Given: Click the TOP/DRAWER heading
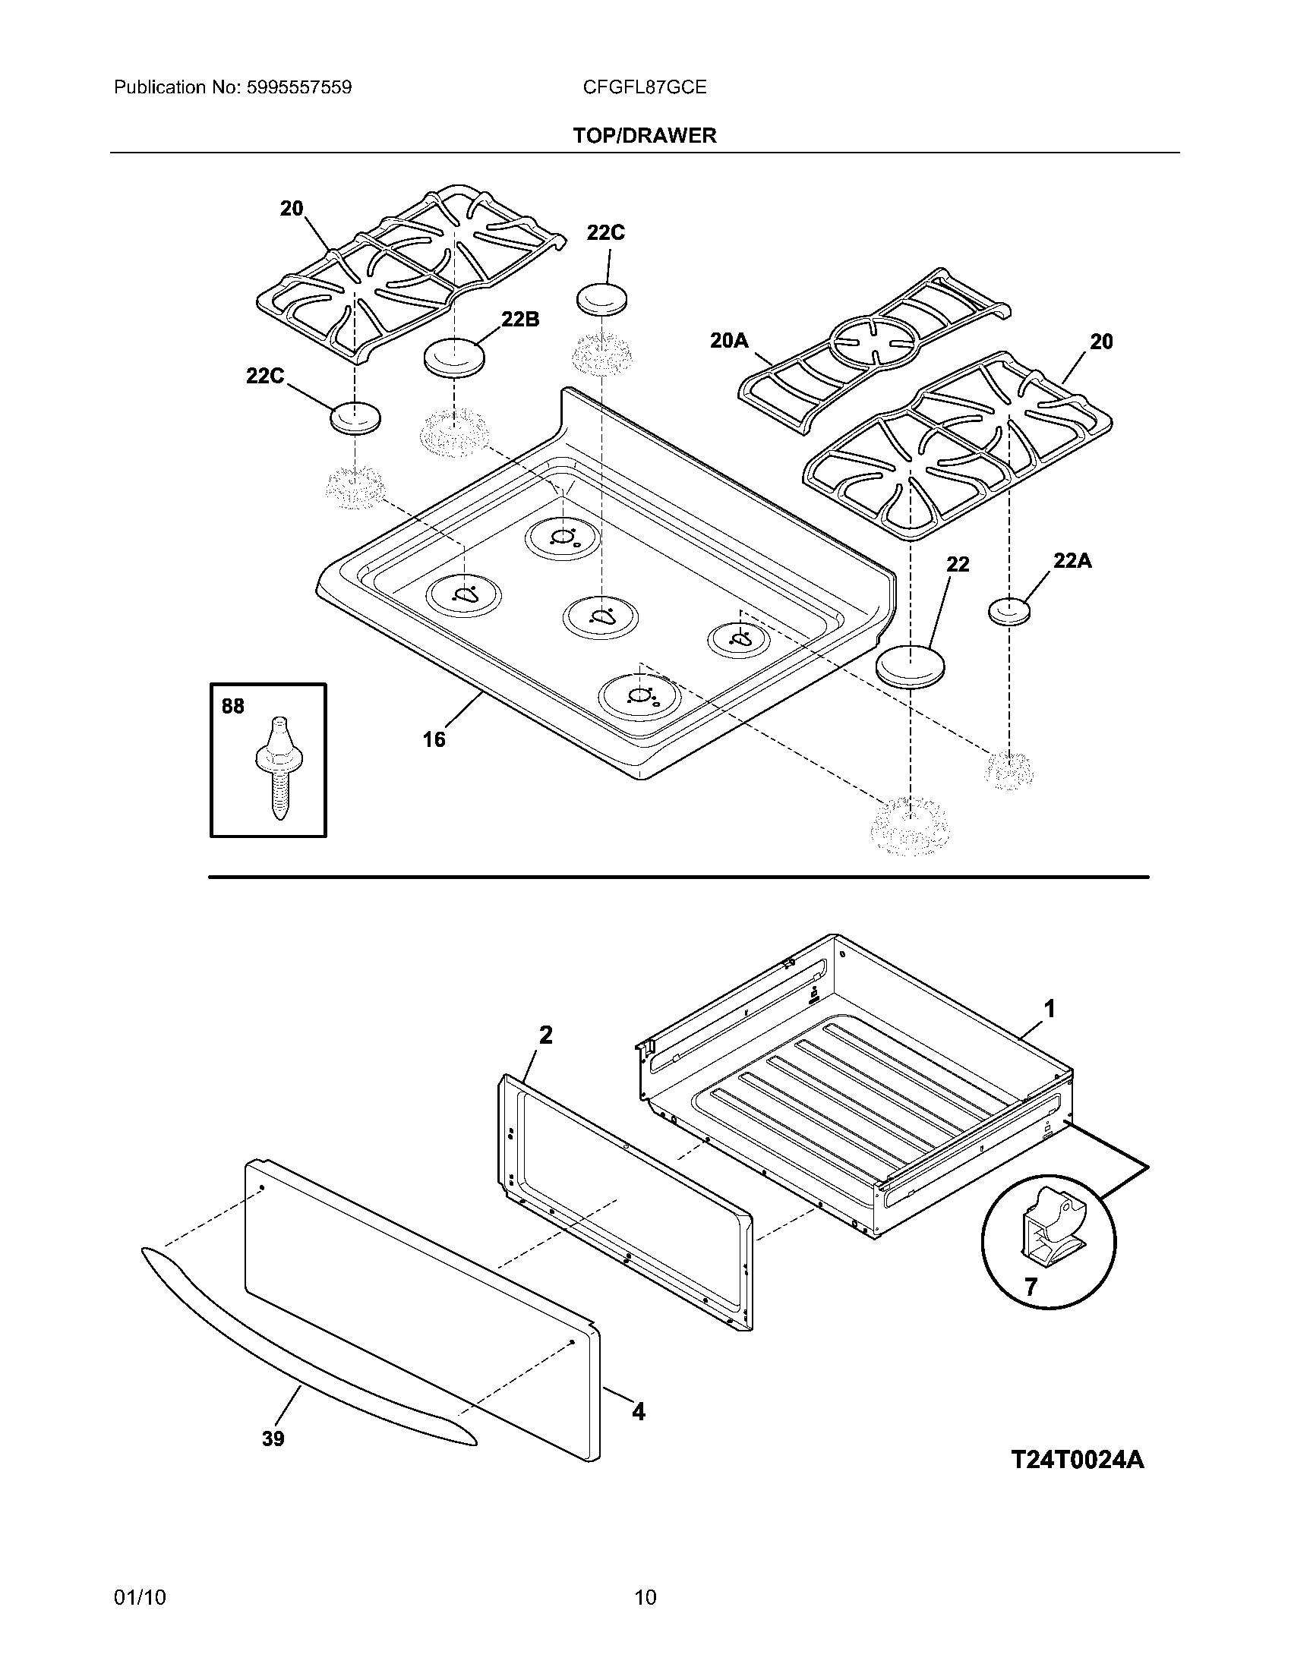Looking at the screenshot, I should pos(645,135).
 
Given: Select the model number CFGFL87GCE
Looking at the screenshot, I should pos(644,87).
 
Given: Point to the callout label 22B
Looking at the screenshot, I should pos(520,320).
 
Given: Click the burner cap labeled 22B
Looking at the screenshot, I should pos(454,358).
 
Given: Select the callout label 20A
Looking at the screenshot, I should pos(729,340).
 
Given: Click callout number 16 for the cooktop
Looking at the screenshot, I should pos(434,739).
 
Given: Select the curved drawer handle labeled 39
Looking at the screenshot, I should pos(306,1346).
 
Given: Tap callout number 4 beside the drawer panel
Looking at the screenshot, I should pos(638,1411).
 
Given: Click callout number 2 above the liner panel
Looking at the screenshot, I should pos(545,1035).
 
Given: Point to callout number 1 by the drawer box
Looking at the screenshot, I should pos(1050,1010).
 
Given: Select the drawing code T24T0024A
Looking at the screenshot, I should pos(1077,1460).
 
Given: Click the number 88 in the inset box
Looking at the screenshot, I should pos(233,706).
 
